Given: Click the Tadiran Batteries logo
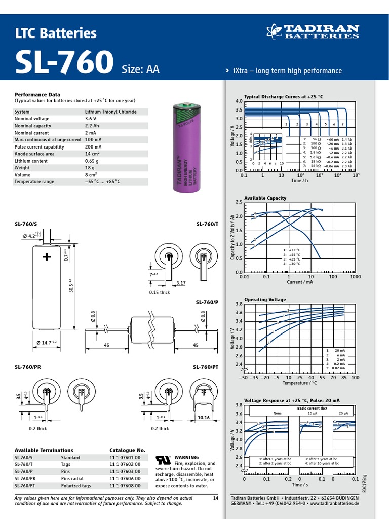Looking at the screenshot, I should pyautogui.click(x=313, y=31).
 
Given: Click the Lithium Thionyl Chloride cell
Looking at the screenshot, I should pyautogui.click(x=110, y=112).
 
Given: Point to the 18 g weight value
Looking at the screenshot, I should pyautogui.click(x=90, y=168).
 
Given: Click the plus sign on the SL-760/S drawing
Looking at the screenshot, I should pyautogui.click(x=47, y=257).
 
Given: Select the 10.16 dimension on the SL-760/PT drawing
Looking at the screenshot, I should pyautogui.click(x=203, y=418).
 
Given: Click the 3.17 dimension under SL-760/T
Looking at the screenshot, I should pyautogui.click(x=181, y=283).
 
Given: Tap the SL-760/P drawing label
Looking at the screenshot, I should pyautogui.click(x=207, y=302).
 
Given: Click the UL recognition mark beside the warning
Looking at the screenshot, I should pyautogui.click(x=163, y=459).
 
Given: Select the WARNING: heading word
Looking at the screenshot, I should pyautogui.click(x=187, y=457).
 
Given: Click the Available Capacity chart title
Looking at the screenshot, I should pyautogui.click(x=265, y=198).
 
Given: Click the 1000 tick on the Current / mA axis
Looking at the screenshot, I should pyautogui.click(x=355, y=277).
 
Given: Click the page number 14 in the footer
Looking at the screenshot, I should pyautogui.click(x=216, y=498).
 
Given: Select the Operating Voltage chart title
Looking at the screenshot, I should pyautogui.click(x=265, y=300).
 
